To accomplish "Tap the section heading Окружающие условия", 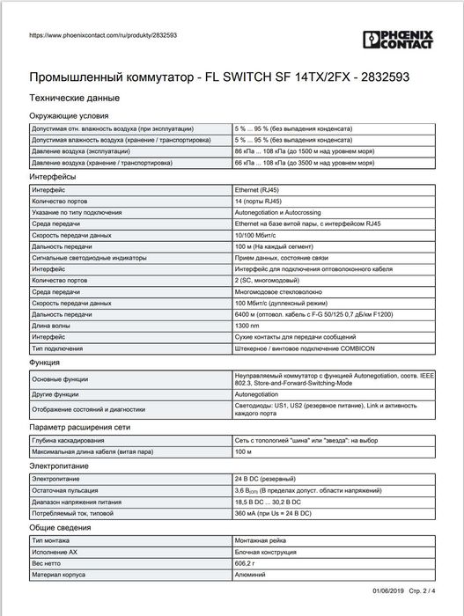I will coord(70,115).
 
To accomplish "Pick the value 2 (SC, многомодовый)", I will coord(269,277).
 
